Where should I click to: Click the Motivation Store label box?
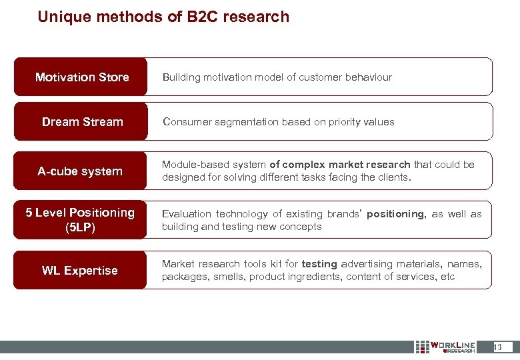coord(81,77)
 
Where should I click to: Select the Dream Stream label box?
coord(81,122)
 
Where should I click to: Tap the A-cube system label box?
coord(80,171)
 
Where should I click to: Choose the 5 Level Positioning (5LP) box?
coord(80,219)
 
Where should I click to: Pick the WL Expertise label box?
coord(80,270)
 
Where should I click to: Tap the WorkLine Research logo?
coord(445,347)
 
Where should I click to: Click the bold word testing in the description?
coord(319,264)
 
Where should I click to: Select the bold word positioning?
coord(395,214)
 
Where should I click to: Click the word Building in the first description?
coord(181,77)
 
